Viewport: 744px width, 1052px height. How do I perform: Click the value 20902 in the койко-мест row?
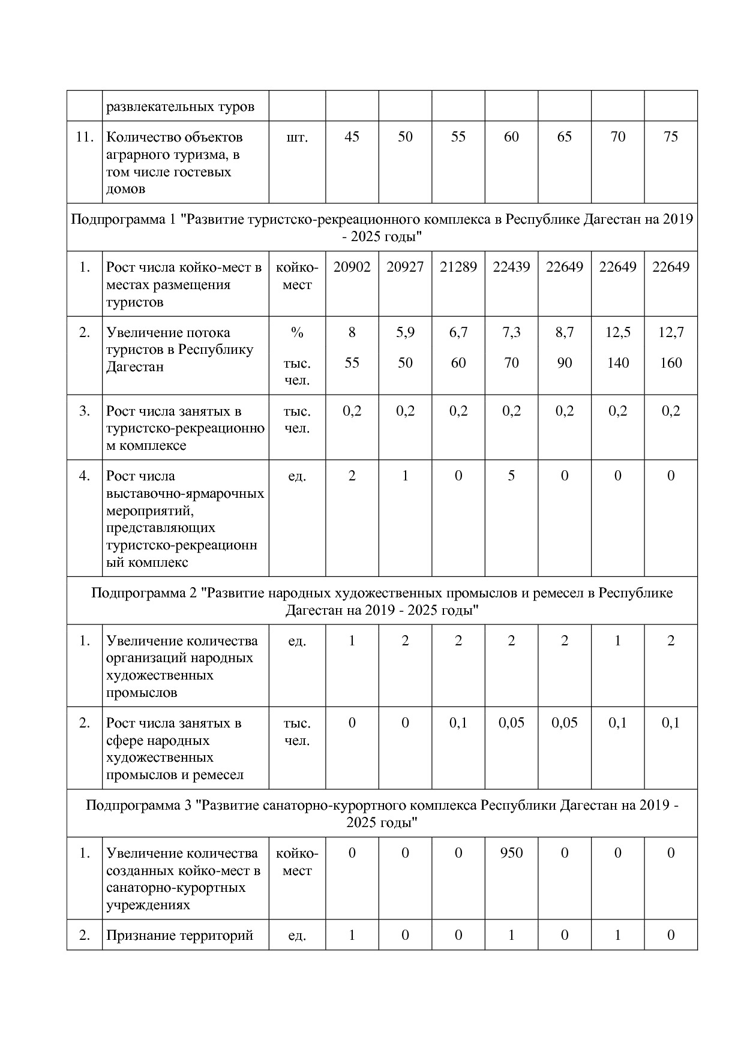click(x=352, y=267)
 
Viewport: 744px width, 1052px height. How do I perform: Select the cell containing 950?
click(x=511, y=853)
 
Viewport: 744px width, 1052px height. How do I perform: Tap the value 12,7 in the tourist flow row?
click(x=670, y=332)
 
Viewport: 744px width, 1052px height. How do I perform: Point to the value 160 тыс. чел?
click(x=670, y=363)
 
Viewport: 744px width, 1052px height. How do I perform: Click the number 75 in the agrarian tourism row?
click(x=670, y=137)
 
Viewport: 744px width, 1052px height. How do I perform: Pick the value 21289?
click(x=458, y=267)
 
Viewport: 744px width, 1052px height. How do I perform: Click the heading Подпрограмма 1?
click(x=382, y=228)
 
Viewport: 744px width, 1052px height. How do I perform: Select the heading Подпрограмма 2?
click(x=382, y=602)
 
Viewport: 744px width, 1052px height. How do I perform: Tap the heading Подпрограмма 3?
click(x=382, y=813)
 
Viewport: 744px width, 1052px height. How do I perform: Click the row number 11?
click(x=85, y=137)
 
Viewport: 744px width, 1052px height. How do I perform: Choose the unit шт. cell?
click(x=297, y=137)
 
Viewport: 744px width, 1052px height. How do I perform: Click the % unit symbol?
click(x=297, y=333)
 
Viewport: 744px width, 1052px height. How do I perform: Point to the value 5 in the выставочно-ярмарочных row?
click(x=511, y=476)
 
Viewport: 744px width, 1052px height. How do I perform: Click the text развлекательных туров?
click(x=180, y=107)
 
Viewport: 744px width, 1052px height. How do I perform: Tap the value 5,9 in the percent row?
click(x=405, y=332)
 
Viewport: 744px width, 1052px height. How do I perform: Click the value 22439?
click(x=511, y=267)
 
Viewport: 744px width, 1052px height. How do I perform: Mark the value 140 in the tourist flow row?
click(x=617, y=363)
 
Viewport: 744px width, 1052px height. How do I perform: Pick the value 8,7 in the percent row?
click(x=564, y=332)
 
